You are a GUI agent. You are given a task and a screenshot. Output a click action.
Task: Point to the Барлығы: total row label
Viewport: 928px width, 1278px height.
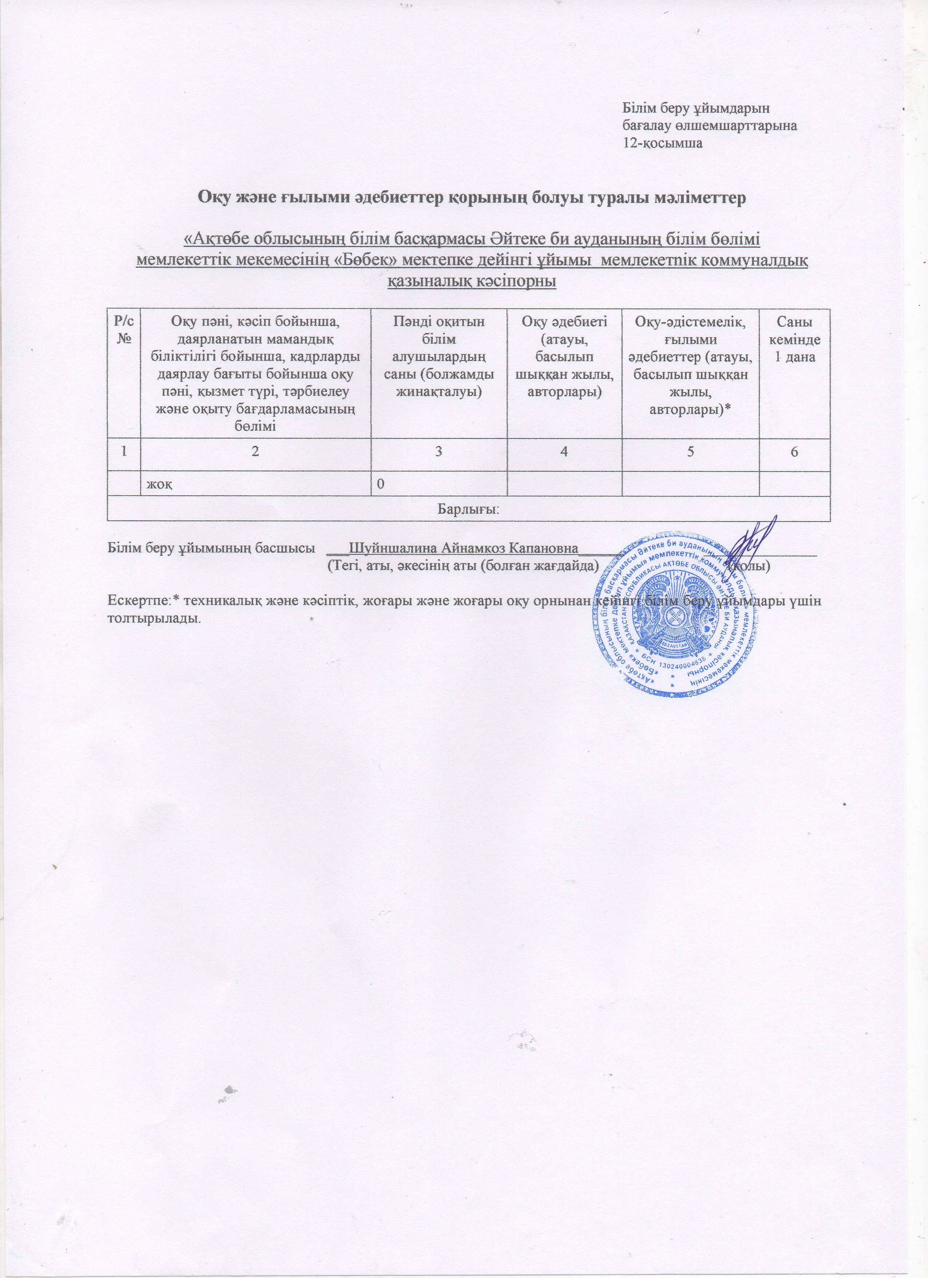pos(468,509)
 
